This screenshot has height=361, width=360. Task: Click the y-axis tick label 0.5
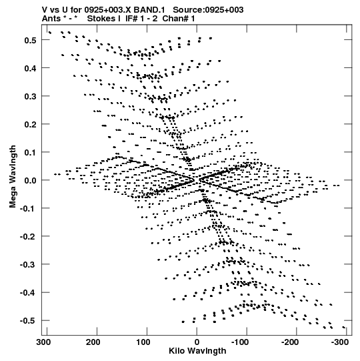(31, 40)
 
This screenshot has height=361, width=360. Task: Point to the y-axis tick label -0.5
(29, 321)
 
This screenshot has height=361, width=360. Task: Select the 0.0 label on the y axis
(31, 180)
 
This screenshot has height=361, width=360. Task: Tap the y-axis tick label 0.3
(31, 97)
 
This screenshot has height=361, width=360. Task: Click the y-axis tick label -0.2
(29, 237)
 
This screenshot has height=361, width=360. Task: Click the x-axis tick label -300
(340, 342)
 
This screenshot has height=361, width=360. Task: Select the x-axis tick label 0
(197, 342)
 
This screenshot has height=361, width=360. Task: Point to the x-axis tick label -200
(290, 342)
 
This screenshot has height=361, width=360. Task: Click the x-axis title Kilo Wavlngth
(197, 351)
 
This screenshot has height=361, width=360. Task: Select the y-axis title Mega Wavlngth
(13, 177)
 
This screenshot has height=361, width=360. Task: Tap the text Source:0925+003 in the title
(208, 10)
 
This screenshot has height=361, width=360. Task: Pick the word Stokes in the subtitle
(101, 19)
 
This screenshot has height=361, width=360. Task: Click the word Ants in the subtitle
(51, 19)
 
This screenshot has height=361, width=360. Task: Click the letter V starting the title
(45, 10)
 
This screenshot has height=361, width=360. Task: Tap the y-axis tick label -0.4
(29, 293)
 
